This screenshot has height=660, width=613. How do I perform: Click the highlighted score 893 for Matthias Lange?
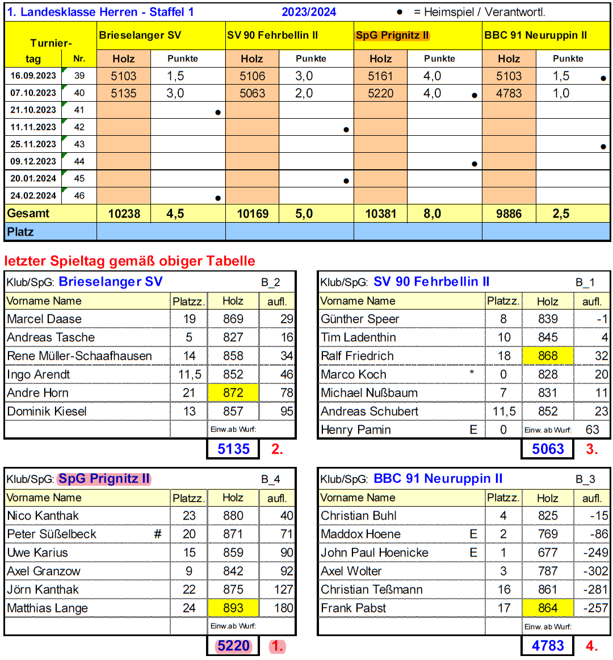point(233,608)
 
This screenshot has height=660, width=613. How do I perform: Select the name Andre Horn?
point(37,392)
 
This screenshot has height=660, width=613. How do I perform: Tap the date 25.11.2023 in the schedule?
point(33,144)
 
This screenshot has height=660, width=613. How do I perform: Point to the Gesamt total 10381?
point(380,214)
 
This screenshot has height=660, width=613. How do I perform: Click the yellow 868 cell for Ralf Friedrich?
point(548,356)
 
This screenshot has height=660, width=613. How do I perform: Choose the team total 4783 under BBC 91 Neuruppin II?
point(548,645)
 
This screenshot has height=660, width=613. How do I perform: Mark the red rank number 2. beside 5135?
point(277,449)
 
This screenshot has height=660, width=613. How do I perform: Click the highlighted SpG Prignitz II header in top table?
point(392,35)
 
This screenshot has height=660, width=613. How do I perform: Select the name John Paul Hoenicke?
point(375,552)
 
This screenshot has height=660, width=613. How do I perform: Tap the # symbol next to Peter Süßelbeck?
point(158,534)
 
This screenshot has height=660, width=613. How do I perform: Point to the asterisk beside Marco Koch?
point(472,373)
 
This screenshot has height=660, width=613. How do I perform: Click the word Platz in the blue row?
point(20,232)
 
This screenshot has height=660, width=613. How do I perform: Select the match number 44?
point(79,161)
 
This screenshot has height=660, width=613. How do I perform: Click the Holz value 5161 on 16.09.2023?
point(380,76)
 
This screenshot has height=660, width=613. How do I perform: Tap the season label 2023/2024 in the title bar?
point(309,12)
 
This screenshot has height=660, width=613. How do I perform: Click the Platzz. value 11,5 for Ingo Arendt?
point(189,374)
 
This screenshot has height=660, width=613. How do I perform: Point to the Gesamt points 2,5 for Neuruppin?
point(561,214)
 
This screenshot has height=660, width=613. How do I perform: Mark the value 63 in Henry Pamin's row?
point(592,429)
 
